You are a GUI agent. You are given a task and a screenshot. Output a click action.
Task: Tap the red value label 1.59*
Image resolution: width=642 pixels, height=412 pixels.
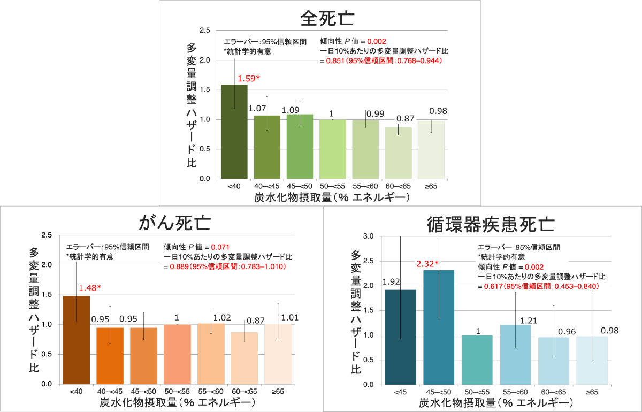[x=249, y=79]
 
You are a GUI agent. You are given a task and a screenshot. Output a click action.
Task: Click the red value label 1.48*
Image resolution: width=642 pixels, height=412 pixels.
[x=89, y=288]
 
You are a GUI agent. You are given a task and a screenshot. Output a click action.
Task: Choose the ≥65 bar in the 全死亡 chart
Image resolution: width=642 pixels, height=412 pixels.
[x=432, y=150]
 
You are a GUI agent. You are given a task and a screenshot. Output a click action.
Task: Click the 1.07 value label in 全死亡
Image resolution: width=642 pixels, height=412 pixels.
[x=257, y=109]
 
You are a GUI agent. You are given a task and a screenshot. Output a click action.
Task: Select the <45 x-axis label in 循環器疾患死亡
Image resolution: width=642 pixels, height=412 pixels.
[x=400, y=393]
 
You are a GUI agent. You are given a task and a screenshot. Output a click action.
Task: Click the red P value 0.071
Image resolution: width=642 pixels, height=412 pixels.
[x=220, y=247]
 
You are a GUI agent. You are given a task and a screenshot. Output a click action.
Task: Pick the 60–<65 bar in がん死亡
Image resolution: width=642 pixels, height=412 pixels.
[x=245, y=358]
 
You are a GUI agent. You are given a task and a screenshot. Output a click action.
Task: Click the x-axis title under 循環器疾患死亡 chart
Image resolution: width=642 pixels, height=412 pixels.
[x=496, y=402]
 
